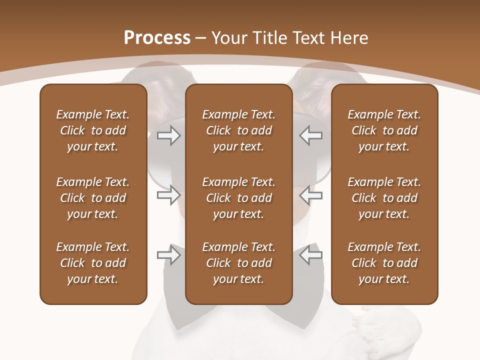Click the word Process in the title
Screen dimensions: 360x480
click(157, 38)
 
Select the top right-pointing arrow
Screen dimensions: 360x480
click(168, 135)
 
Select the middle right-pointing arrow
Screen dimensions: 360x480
click(168, 195)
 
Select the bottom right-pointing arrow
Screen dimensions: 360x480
click(168, 255)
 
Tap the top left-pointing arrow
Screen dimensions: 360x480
click(311, 135)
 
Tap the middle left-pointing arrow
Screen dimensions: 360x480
click(311, 195)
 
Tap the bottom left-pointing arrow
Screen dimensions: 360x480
click(311, 255)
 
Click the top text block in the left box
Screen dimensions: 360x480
click(93, 130)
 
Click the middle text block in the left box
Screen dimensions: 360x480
click(93, 198)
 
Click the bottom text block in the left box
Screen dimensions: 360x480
click(93, 263)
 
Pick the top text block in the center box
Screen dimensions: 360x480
click(238, 130)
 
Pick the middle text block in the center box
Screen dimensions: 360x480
click(238, 198)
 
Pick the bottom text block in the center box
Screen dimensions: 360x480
click(238, 263)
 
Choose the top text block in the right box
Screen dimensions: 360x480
click(384, 130)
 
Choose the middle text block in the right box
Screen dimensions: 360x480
click(384, 198)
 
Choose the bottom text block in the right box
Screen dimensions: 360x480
click(384, 263)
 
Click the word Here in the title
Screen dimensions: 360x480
click(349, 38)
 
